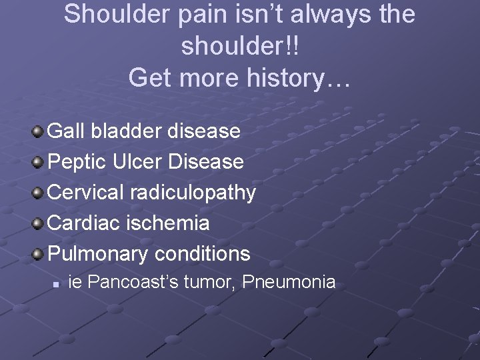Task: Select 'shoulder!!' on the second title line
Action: [x=239, y=46]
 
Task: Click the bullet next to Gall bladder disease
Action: [x=39, y=131]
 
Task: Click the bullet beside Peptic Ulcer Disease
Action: [x=39, y=161]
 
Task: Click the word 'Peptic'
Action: [x=78, y=161]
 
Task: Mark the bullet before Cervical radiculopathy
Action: [x=39, y=192]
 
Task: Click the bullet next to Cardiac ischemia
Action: [x=39, y=223]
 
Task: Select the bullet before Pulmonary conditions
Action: [x=39, y=253]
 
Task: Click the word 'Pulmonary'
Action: [x=99, y=254]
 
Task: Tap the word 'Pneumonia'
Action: [x=289, y=282]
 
